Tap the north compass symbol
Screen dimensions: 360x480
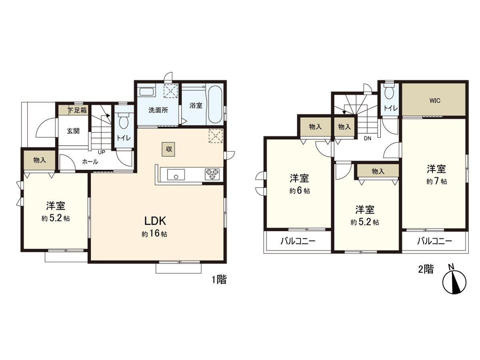pyautogui.click(x=454, y=282)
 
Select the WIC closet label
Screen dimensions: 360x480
pyautogui.click(x=435, y=100)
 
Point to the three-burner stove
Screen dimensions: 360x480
pyautogui.click(x=212, y=174)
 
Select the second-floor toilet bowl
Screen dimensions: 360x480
pyautogui.click(x=388, y=92)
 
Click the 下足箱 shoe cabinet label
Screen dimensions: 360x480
pyautogui.click(x=76, y=110)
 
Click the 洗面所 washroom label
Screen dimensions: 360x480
pyautogui.click(x=158, y=110)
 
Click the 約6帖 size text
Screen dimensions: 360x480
pyautogui.click(x=299, y=191)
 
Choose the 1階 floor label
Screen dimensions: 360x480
pyautogui.click(x=219, y=280)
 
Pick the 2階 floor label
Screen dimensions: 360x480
pyautogui.click(x=426, y=269)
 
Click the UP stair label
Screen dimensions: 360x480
pyautogui.click(x=102, y=152)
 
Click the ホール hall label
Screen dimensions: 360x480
pyautogui.click(x=90, y=162)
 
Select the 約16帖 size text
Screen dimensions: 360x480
pyautogui.click(x=154, y=234)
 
